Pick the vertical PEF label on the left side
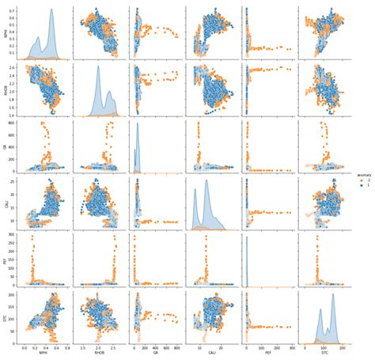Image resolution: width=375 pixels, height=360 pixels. pos(4,258)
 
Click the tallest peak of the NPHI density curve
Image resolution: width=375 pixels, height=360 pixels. pos(51,10)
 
